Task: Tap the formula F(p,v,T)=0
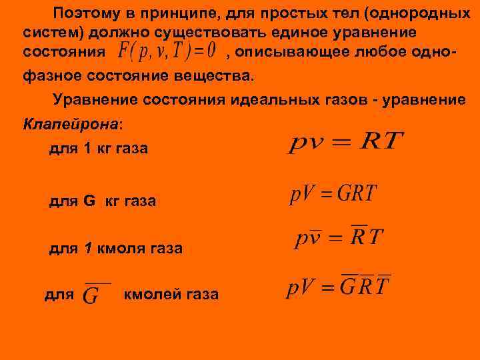coord(166,51)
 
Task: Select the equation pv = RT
coord(346,142)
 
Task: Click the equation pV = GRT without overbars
coord(333,194)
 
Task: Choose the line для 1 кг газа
coord(99,149)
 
